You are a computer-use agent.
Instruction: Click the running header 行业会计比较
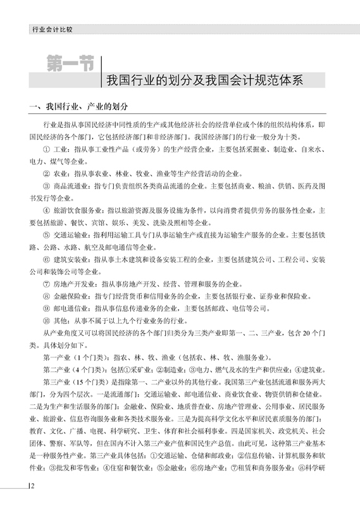[x=53, y=29]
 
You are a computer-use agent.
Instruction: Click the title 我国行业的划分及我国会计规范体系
[x=215, y=80]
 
